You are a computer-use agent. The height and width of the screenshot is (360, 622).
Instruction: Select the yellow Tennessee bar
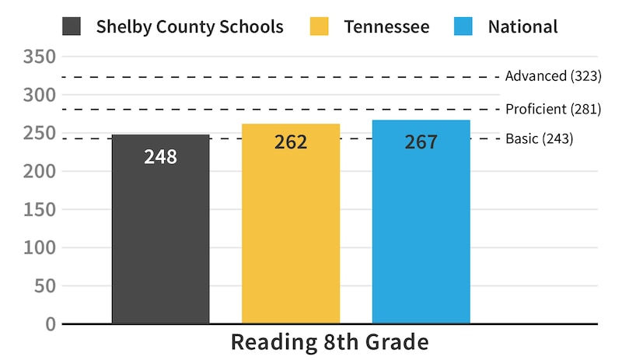click(291, 233)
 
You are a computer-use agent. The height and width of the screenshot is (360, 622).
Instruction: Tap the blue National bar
click(421, 233)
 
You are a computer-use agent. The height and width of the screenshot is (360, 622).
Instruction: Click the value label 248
click(161, 157)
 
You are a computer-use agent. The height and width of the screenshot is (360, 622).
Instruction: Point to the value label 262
click(291, 142)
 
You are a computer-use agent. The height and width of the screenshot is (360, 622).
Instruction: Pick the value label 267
click(421, 142)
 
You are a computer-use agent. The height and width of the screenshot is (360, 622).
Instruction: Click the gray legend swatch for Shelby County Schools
click(72, 26)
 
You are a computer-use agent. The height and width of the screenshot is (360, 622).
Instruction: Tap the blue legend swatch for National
click(463, 26)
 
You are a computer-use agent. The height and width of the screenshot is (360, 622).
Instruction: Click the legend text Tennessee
click(386, 26)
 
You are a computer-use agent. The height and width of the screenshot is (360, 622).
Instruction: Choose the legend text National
click(522, 26)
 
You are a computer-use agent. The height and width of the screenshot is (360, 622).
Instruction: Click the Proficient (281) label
click(553, 109)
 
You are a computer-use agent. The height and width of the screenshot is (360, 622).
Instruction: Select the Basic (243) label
click(539, 139)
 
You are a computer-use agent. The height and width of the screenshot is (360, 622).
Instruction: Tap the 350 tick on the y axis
click(40, 57)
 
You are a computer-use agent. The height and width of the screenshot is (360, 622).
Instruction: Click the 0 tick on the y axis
click(51, 324)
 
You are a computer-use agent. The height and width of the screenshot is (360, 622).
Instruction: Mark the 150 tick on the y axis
click(40, 209)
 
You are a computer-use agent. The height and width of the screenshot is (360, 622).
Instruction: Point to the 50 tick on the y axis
click(45, 286)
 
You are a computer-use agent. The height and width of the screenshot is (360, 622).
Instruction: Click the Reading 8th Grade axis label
click(330, 343)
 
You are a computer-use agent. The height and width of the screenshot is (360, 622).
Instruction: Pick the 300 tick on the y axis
click(40, 95)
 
